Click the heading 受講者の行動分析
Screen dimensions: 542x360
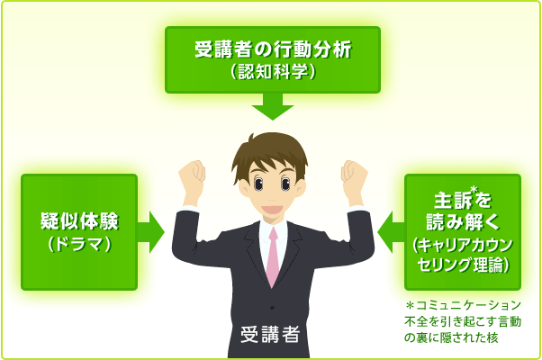click(273, 49)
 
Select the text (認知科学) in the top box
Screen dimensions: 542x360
click(273, 72)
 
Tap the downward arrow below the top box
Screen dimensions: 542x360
click(273, 106)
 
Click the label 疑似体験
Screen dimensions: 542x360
click(79, 221)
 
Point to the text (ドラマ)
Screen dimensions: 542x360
click(79, 245)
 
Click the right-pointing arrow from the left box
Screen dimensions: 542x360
click(151, 232)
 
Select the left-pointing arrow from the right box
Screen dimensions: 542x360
click(391, 232)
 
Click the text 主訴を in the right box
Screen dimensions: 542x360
click(463, 201)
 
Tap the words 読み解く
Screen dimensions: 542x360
click(463, 221)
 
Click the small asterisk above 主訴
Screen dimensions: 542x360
click(474, 190)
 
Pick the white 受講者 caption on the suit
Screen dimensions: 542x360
click(270, 334)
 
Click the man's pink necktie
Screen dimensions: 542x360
click(273, 256)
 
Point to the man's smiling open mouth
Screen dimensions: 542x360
click(273, 210)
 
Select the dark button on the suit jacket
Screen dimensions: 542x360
click(273, 308)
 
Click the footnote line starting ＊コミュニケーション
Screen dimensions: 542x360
click(464, 305)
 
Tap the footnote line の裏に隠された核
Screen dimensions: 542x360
click(451, 337)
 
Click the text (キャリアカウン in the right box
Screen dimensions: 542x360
click(463, 245)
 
